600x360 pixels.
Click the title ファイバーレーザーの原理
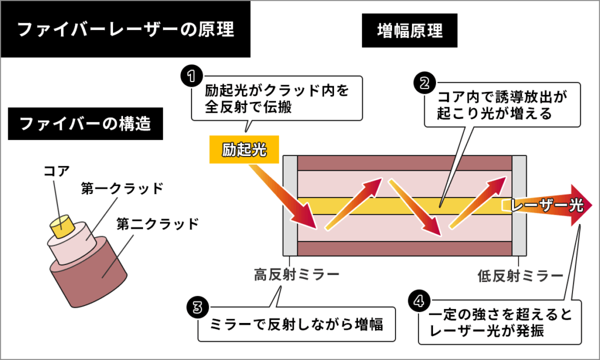(125, 29)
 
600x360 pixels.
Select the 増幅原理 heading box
(410, 29)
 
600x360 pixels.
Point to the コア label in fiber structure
(57, 171)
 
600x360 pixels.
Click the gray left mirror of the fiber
(291, 205)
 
